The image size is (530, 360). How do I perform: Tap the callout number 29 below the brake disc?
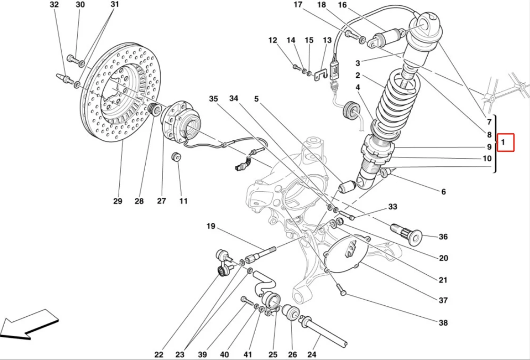click(117, 201)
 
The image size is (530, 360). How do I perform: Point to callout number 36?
click(443, 237)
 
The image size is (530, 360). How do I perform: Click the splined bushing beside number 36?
click(407, 233)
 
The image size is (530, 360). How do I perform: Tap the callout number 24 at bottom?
click(312, 354)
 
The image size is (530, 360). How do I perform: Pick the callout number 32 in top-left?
click(54, 5)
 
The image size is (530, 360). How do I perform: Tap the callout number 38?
click(443, 323)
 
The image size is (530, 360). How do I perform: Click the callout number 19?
click(211, 227)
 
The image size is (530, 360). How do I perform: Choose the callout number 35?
click(214, 99)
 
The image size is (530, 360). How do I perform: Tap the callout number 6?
click(443, 192)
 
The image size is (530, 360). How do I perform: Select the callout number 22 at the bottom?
click(158, 354)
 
